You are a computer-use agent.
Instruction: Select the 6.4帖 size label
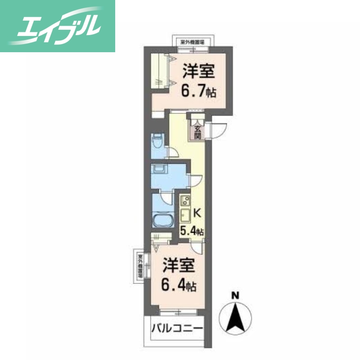179,284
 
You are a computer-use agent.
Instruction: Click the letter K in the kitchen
197,213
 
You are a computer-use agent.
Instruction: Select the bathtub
162,222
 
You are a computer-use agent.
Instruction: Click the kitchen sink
184,215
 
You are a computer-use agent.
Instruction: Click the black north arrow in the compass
234,317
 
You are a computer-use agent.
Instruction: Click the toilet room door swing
171,153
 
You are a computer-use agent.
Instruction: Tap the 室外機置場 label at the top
192,42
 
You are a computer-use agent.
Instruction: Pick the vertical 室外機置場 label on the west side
140,266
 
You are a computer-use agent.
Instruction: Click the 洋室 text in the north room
198,72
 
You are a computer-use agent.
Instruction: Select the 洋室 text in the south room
179,265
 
